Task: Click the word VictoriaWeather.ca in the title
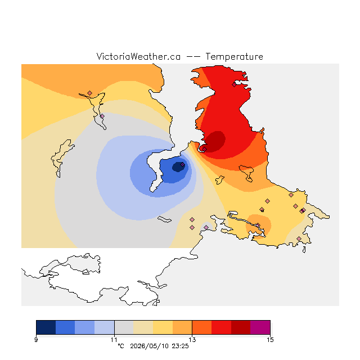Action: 138,56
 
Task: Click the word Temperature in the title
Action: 234,56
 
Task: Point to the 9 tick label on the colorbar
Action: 36,340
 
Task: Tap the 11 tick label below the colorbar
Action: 114,340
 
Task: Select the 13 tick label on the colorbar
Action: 192,340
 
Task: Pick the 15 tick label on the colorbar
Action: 270,340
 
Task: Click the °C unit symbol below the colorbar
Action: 121,346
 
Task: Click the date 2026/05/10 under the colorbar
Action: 150,346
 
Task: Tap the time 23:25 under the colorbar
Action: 180,346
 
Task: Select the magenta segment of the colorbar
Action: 260,327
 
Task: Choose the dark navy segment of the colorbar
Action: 46,327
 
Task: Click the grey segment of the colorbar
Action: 124,327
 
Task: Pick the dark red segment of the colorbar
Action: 241,327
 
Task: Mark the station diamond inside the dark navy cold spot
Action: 182,165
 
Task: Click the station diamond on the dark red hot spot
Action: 204,149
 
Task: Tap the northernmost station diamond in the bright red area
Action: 234,85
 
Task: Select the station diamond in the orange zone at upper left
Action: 90,93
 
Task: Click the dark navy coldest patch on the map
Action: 178,167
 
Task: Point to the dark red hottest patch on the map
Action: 215,141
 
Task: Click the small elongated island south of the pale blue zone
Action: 164,219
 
